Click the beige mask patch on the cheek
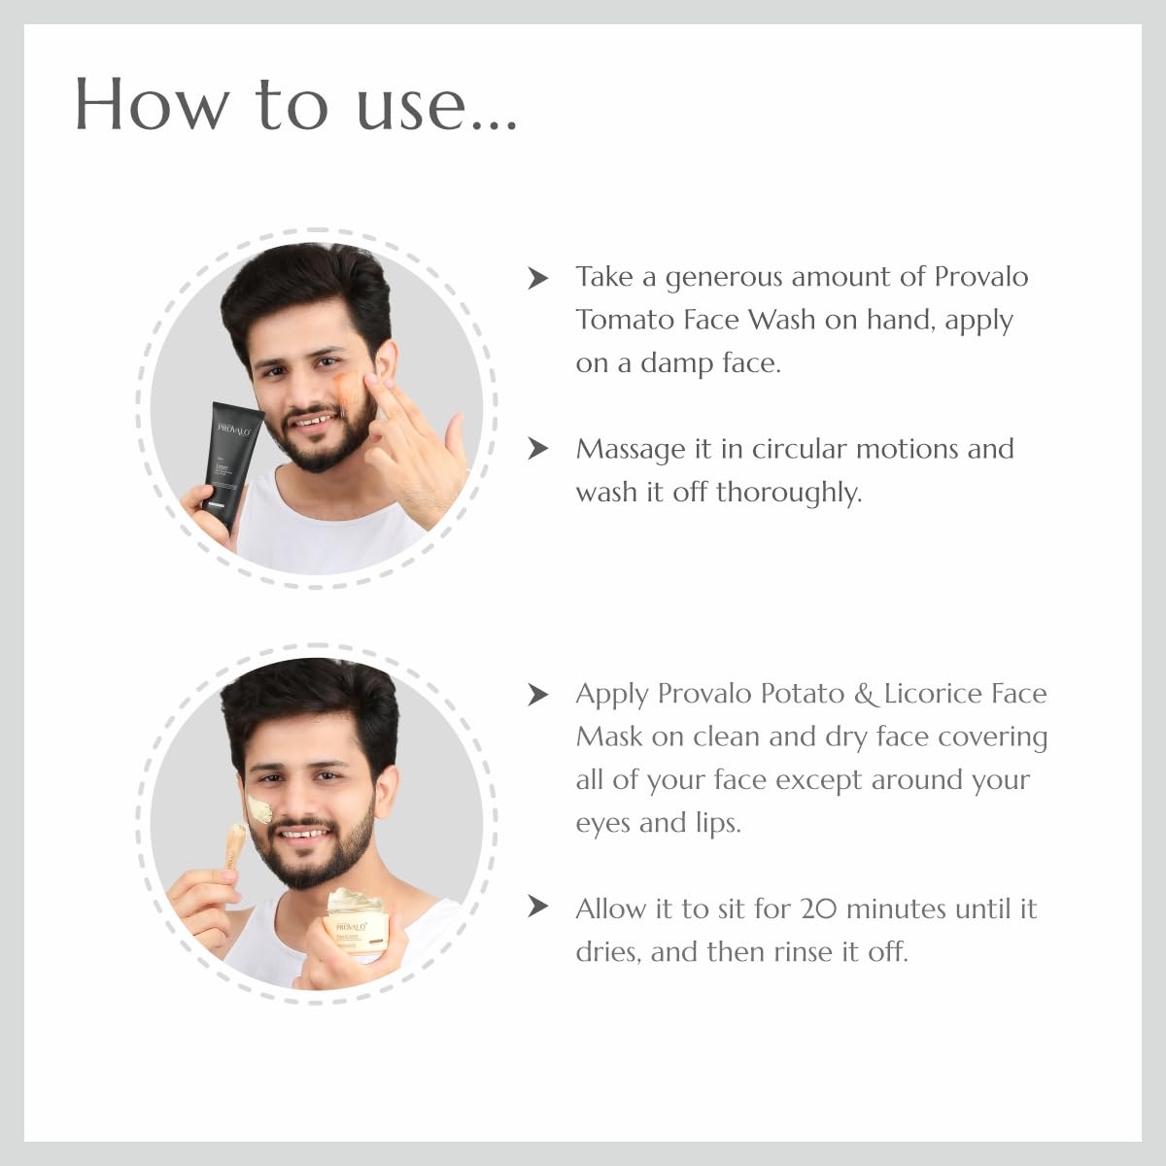(259, 808)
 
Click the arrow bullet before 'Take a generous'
(537, 279)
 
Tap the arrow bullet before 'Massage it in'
(537, 449)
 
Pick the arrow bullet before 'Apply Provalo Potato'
(537, 695)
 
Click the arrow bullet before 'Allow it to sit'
(537, 908)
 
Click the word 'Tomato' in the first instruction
(623, 320)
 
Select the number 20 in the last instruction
(818, 909)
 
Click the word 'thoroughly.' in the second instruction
(788, 493)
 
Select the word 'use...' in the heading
(436, 105)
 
